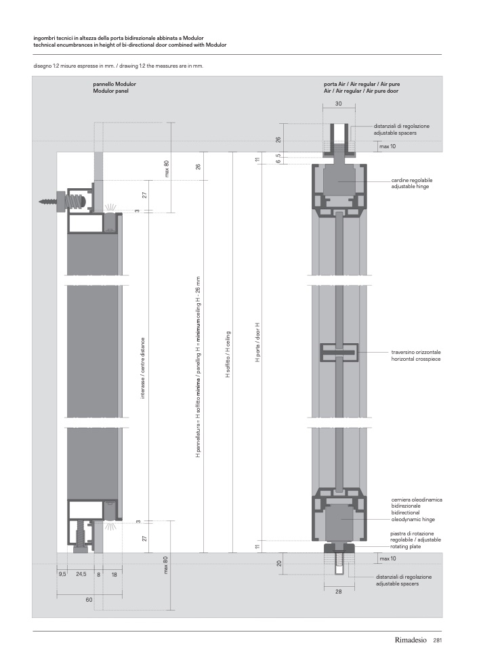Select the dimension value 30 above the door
(338, 104)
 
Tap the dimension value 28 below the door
(338, 591)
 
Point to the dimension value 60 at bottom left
(89, 600)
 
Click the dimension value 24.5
(81, 573)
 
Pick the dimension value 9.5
(62, 573)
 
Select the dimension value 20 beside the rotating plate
(279, 563)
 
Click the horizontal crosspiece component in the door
(339, 352)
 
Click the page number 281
(437, 640)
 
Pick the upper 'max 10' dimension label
(388, 146)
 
